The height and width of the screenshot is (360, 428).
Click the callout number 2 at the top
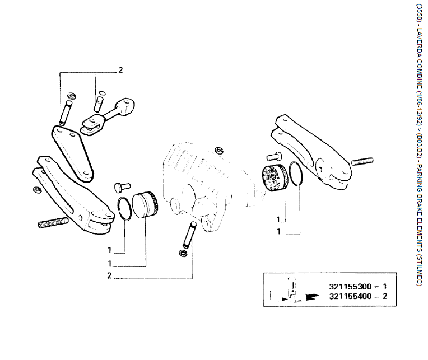(120, 71)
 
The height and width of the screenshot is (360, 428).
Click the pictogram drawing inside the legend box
(289, 290)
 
